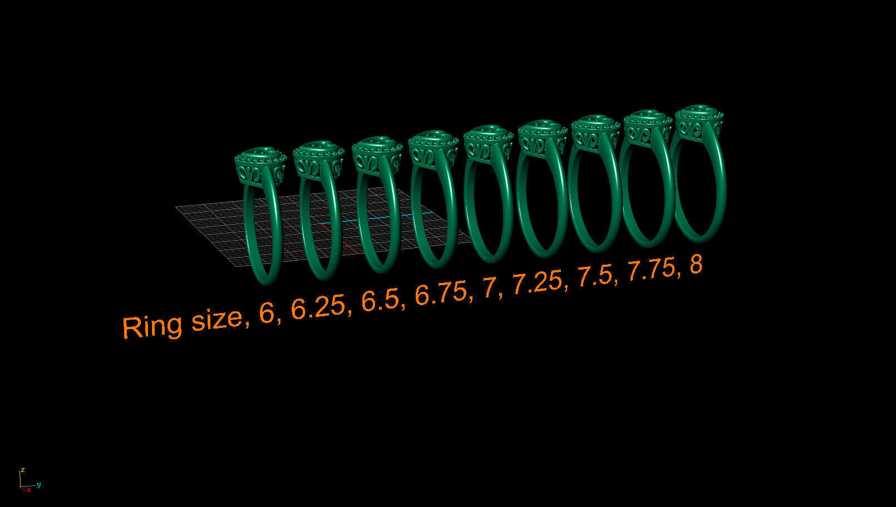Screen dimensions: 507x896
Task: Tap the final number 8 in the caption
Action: pos(696,265)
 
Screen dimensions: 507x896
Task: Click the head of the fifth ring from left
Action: pos(488,142)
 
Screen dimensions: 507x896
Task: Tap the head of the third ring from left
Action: pos(377,154)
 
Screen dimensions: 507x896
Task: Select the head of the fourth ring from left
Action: pos(433,148)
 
